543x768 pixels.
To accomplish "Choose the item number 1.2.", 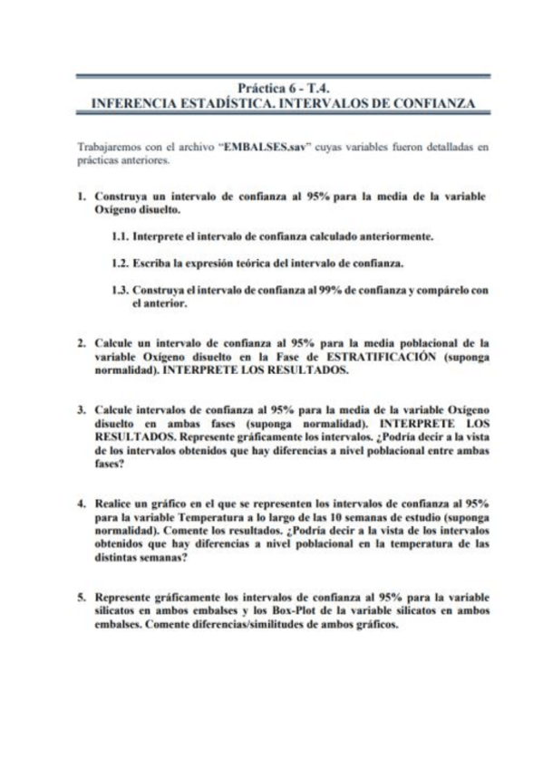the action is tap(116, 264).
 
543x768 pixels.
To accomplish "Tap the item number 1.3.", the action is tap(116, 290).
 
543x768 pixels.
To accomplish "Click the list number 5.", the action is tap(81, 597).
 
